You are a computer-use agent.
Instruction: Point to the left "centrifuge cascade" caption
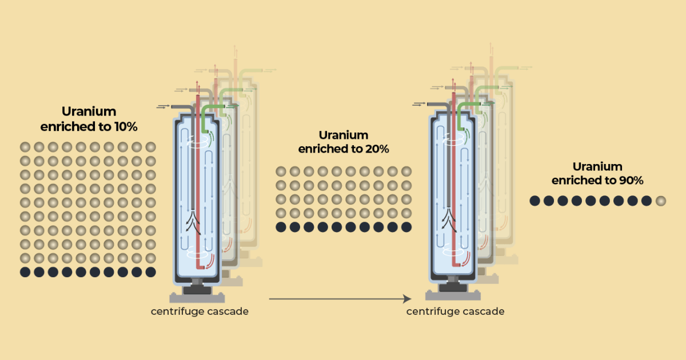(x=200, y=311)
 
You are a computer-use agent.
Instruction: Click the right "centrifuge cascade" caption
(x=455, y=311)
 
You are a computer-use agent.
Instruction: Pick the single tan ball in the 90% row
(x=661, y=201)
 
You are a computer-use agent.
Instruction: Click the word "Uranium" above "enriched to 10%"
(x=89, y=112)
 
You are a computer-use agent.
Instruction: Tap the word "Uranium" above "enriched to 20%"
(x=344, y=135)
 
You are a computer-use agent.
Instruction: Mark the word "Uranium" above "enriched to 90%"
(x=597, y=166)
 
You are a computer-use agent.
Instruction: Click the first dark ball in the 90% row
(x=535, y=201)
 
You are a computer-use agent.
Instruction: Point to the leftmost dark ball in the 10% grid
(x=25, y=272)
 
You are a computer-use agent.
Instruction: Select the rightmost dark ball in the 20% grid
(x=406, y=227)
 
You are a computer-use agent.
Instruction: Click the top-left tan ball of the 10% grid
(x=25, y=147)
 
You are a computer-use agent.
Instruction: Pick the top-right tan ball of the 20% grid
(x=406, y=171)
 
